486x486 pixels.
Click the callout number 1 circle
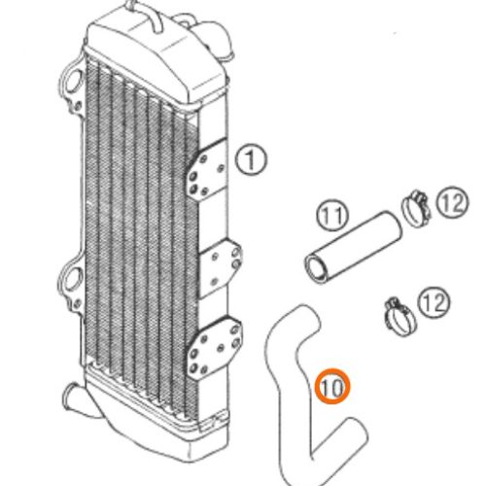[x=251, y=159]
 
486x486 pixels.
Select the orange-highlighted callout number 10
[x=332, y=387]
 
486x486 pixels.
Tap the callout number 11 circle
[x=332, y=216]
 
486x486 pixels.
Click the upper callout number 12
[x=452, y=203]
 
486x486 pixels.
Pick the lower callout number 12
[x=434, y=303]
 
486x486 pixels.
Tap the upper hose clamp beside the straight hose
[x=416, y=209]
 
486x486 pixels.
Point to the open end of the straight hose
[x=317, y=268]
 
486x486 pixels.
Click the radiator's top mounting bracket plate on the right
[x=207, y=169]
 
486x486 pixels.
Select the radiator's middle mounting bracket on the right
[x=220, y=268]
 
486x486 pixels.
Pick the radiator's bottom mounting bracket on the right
[x=214, y=347]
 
